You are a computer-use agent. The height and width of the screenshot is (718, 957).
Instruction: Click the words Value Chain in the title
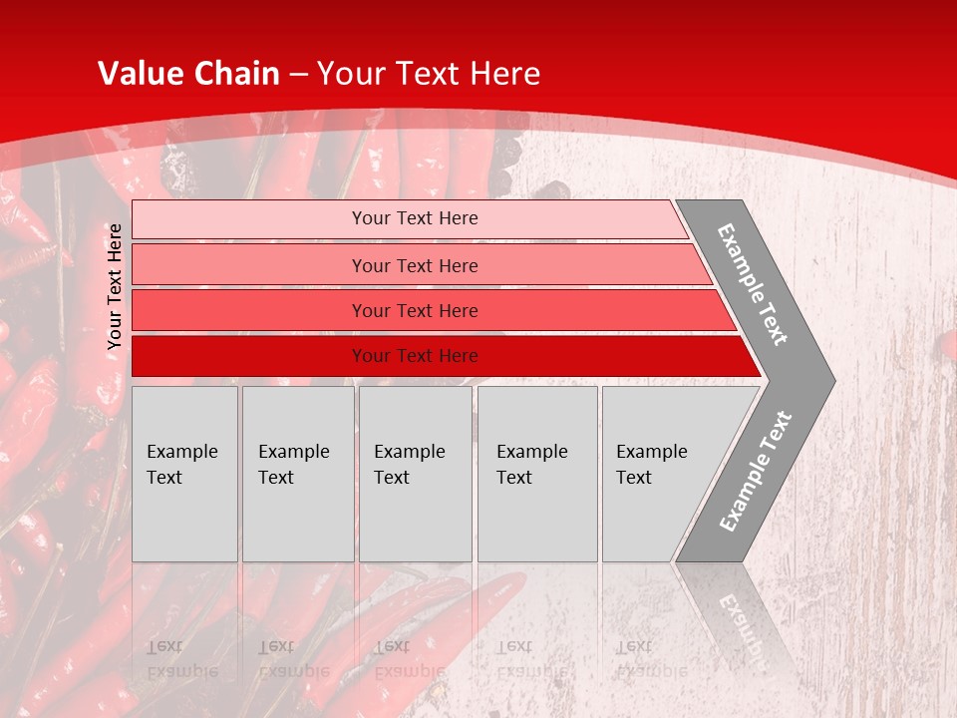tap(188, 74)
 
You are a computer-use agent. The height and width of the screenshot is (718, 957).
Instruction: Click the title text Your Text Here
tap(429, 74)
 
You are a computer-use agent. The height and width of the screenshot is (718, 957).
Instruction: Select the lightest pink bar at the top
tap(249, 219)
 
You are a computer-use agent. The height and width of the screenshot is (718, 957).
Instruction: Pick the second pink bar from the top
tap(249, 265)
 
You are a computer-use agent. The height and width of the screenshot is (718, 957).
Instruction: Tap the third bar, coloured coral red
tap(249, 311)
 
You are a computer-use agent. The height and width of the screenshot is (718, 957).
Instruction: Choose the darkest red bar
tap(249, 356)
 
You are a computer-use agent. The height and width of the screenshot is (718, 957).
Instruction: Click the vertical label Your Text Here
tap(115, 286)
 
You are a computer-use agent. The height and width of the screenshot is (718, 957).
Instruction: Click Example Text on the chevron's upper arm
tap(753, 284)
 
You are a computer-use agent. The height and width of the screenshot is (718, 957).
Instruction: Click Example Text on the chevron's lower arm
tap(756, 471)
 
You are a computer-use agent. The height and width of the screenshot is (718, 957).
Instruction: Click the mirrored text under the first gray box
tap(182, 658)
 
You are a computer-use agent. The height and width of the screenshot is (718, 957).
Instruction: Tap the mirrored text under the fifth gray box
tap(651, 658)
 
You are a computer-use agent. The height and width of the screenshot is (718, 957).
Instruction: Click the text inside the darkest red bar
tap(415, 356)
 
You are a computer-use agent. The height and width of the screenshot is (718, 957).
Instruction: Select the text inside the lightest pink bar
tap(415, 218)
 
